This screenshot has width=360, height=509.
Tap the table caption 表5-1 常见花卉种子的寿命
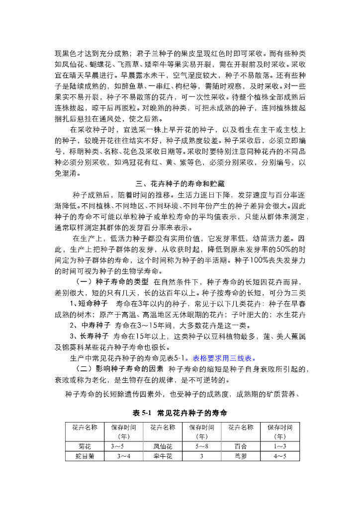pos(180,413)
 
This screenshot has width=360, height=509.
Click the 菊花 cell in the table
pos(85,446)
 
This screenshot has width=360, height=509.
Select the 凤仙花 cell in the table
pos(163,446)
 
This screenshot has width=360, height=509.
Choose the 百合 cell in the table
pos(241,446)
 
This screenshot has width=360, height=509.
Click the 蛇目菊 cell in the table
pos(85,455)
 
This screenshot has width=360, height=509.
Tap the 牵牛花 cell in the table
pos(163,455)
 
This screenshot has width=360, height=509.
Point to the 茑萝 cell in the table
pos(241,455)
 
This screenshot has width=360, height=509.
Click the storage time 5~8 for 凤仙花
pos(202,446)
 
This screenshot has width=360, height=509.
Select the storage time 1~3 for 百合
pos(280,446)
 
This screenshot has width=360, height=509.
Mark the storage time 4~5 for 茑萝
pos(280,455)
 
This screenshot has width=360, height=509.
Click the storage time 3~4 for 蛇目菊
pos(124,455)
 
